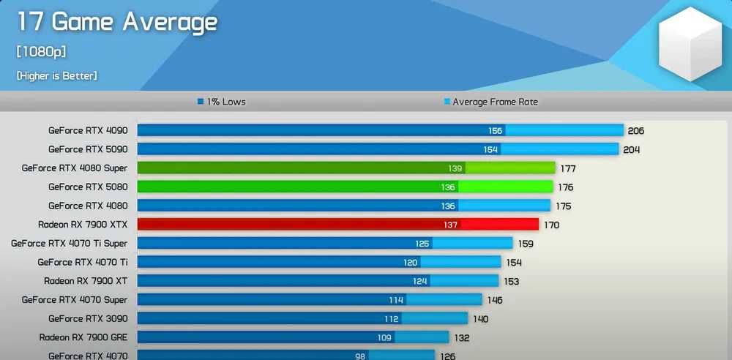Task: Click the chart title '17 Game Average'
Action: [x=117, y=22]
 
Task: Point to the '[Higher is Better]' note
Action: [x=57, y=75]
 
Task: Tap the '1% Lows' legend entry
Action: [x=221, y=102]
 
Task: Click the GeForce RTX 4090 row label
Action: [x=88, y=130]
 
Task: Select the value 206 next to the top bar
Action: [x=635, y=131]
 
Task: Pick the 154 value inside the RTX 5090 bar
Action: [x=490, y=149]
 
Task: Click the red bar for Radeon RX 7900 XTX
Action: [x=337, y=225]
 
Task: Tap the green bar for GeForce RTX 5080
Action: [x=344, y=187]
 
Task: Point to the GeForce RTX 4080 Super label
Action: [x=75, y=168]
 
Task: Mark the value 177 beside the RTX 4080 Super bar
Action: [x=568, y=168]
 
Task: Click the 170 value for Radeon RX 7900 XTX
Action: [x=551, y=225]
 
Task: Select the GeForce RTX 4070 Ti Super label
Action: [x=69, y=243]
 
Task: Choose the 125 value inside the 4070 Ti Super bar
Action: [x=422, y=244]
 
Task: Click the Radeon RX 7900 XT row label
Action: [x=86, y=280]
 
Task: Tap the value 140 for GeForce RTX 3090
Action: [x=480, y=319]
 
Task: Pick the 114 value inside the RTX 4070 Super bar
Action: [x=397, y=300]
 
